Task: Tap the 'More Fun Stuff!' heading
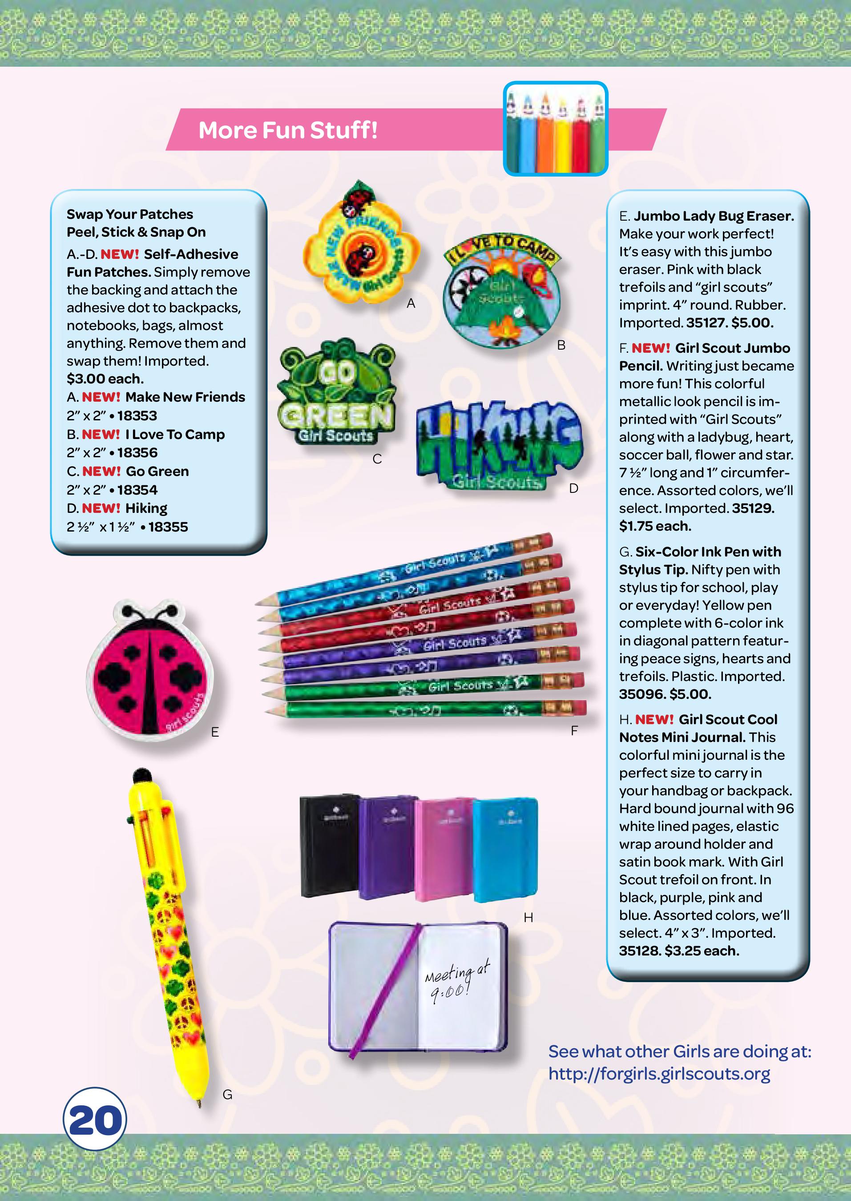click(288, 130)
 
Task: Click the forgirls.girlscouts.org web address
click(659, 1074)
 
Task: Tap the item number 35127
click(705, 323)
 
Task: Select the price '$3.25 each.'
click(701, 951)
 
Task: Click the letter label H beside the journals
click(528, 918)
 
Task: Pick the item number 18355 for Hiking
click(168, 527)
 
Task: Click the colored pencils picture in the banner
click(555, 129)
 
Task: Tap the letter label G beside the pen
click(227, 1094)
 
